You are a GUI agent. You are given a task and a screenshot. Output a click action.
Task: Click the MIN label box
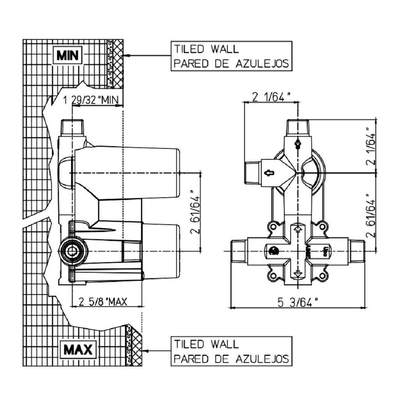[x=68, y=56]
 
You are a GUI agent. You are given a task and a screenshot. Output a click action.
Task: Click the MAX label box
[x=78, y=350]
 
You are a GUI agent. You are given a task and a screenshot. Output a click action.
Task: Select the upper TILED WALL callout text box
[x=231, y=56]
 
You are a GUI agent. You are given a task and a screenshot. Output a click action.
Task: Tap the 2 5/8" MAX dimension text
[x=103, y=301]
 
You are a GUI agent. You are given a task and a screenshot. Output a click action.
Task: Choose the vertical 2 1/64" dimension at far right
[x=371, y=146]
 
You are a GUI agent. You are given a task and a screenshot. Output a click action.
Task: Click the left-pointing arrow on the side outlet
[x=269, y=173]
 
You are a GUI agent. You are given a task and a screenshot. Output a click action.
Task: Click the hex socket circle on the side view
[x=73, y=251]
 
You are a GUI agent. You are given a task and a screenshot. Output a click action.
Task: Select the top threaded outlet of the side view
[x=72, y=127]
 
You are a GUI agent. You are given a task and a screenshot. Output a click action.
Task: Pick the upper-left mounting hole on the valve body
[x=273, y=227]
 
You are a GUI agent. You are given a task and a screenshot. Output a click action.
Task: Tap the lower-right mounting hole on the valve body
[x=322, y=276]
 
